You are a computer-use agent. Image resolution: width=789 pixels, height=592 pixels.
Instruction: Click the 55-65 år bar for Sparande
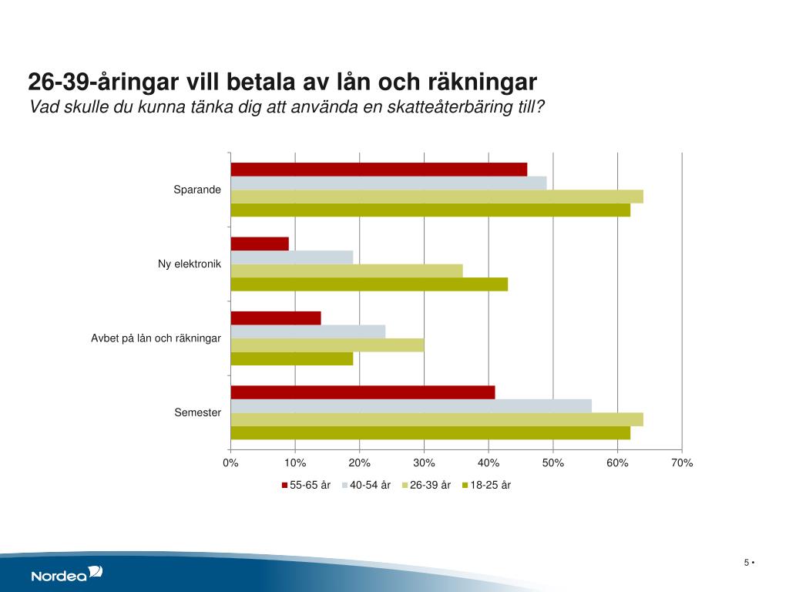(x=378, y=170)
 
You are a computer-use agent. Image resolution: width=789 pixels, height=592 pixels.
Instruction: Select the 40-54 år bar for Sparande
(x=388, y=183)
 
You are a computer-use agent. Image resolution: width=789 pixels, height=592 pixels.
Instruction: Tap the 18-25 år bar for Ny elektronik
(x=369, y=284)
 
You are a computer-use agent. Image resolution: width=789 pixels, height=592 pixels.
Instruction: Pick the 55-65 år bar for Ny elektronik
(x=260, y=244)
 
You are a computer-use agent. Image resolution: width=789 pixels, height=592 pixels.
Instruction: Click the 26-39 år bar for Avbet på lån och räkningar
(x=327, y=345)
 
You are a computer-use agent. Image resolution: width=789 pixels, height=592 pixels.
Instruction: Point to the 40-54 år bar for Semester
(x=411, y=405)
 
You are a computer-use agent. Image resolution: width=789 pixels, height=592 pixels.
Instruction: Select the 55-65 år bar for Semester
(x=362, y=392)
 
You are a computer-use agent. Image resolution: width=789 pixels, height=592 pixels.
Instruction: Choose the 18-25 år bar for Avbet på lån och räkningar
(x=291, y=358)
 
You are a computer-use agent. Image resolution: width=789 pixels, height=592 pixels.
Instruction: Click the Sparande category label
(x=197, y=190)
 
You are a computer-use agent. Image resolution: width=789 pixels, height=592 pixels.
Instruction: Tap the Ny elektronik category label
(x=190, y=264)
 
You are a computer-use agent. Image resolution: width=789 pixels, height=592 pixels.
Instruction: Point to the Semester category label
(x=197, y=412)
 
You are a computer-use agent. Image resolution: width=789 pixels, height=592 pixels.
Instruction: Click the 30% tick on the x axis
(x=424, y=462)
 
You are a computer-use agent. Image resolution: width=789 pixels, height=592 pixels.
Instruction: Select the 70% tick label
(x=682, y=462)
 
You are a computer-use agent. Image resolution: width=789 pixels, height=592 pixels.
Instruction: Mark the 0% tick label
(x=230, y=462)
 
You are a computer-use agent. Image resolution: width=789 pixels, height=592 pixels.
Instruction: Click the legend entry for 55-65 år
(x=306, y=485)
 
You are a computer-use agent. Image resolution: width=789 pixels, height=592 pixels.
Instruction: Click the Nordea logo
(x=66, y=574)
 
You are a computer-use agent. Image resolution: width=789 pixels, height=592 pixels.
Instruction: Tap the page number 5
(x=747, y=562)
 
